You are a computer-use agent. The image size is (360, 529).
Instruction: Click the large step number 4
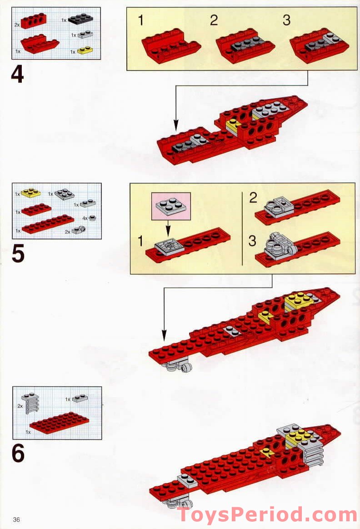pyautogui.click(x=18, y=74)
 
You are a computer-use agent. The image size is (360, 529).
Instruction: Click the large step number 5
pyautogui.click(x=18, y=254)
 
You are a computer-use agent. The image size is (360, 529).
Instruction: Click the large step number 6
pyautogui.click(x=18, y=453)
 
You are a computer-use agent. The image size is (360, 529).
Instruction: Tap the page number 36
pyautogui.click(x=16, y=519)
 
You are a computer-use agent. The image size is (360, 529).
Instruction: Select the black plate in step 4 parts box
pyautogui.click(x=80, y=19)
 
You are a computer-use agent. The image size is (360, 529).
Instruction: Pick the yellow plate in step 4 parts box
pyautogui.click(x=85, y=50)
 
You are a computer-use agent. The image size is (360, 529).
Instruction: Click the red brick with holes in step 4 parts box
pyautogui.click(x=33, y=20)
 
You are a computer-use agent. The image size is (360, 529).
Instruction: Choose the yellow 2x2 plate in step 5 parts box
pyautogui.click(x=31, y=193)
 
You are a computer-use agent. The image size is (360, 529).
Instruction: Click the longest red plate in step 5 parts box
pyautogui.click(x=48, y=224)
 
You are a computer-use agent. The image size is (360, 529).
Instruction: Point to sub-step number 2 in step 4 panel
pyautogui.click(x=214, y=20)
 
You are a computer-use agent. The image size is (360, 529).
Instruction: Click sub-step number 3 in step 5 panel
pyautogui.click(x=252, y=241)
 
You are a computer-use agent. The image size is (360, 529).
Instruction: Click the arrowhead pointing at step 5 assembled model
pyautogui.click(x=164, y=335)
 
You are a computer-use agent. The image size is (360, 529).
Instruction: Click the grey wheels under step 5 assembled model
pyautogui.click(x=177, y=366)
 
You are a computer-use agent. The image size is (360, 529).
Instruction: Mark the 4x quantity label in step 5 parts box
pyautogui.click(x=85, y=218)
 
